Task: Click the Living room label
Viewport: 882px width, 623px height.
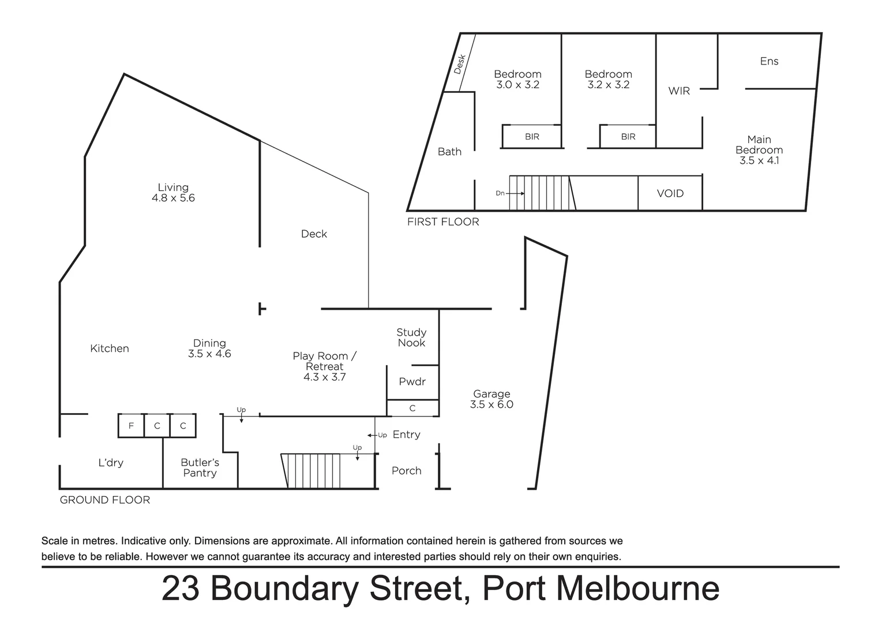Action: click(x=173, y=187)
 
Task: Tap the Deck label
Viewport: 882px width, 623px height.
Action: click(x=314, y=234)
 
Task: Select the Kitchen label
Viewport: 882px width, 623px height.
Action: click(x=110, y=348)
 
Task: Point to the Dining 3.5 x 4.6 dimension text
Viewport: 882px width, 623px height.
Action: click(x=209, y=354)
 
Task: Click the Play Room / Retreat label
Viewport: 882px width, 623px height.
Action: click(x=324, y=361)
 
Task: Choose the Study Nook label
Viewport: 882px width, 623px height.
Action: click(x=411, y=337)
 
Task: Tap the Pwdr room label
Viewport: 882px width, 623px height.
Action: click(x=412, y=381)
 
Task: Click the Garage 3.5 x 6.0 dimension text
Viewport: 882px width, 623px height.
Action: click(x=491, y=404)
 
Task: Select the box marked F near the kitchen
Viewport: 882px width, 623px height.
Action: click(x=131, y=426)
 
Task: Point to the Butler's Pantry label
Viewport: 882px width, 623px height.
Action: click(x=200, y=468)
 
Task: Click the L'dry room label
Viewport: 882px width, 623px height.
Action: click(x=110, y=463)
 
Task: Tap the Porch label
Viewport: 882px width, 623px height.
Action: click(x=406, y=471)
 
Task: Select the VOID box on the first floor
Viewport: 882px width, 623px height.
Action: click(x=670, y=193)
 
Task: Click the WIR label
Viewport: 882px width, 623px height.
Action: click(x=679, y=91)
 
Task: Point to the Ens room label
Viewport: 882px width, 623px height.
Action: click(x=769, y=61)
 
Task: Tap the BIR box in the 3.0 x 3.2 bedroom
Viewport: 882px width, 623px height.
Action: click(x=532, y=137)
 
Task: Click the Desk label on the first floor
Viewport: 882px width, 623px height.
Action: click(x=460, y=64)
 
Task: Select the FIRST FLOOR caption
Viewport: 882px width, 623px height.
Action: click(x=443, y=222)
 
